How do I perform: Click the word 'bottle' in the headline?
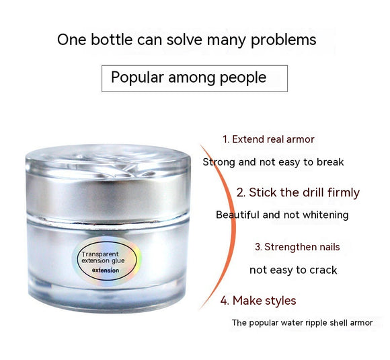click(112, 40)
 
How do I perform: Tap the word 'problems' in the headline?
click(284, 40)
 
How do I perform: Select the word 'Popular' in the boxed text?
click(138, 77)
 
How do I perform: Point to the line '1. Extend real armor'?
click(268, 139)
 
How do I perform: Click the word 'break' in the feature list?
click(330, 162)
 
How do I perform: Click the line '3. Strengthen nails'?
click(297, 247)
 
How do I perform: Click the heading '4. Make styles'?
click(258, 301)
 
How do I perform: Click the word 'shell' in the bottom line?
click(339, 323)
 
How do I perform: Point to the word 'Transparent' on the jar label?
click(100, 254)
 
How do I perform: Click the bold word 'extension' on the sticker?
click(106, 271)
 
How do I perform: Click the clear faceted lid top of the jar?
click(108, 160)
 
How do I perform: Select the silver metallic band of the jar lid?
click(108, 196)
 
